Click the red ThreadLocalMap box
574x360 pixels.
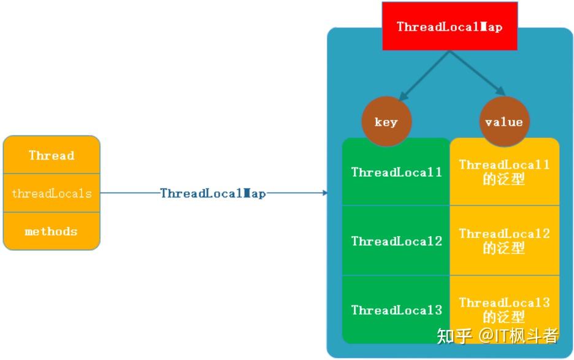450,26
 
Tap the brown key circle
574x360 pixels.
386,121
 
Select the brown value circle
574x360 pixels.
503,121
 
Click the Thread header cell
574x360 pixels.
52,155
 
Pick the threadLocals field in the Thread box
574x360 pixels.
52,193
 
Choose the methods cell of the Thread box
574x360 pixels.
52,231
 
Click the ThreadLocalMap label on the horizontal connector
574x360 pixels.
213,193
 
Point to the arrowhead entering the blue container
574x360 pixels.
324,193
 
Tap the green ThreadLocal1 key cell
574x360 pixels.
396,172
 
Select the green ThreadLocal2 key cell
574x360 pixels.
396,241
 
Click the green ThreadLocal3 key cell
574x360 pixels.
396,310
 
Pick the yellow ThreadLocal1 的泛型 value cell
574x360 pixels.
504,172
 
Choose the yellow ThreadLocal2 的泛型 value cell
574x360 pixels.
504,241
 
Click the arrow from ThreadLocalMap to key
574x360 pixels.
424,75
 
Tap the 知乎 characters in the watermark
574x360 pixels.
454,335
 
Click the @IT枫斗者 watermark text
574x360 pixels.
518,335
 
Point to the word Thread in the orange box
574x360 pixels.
52,155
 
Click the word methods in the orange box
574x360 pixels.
52,231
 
